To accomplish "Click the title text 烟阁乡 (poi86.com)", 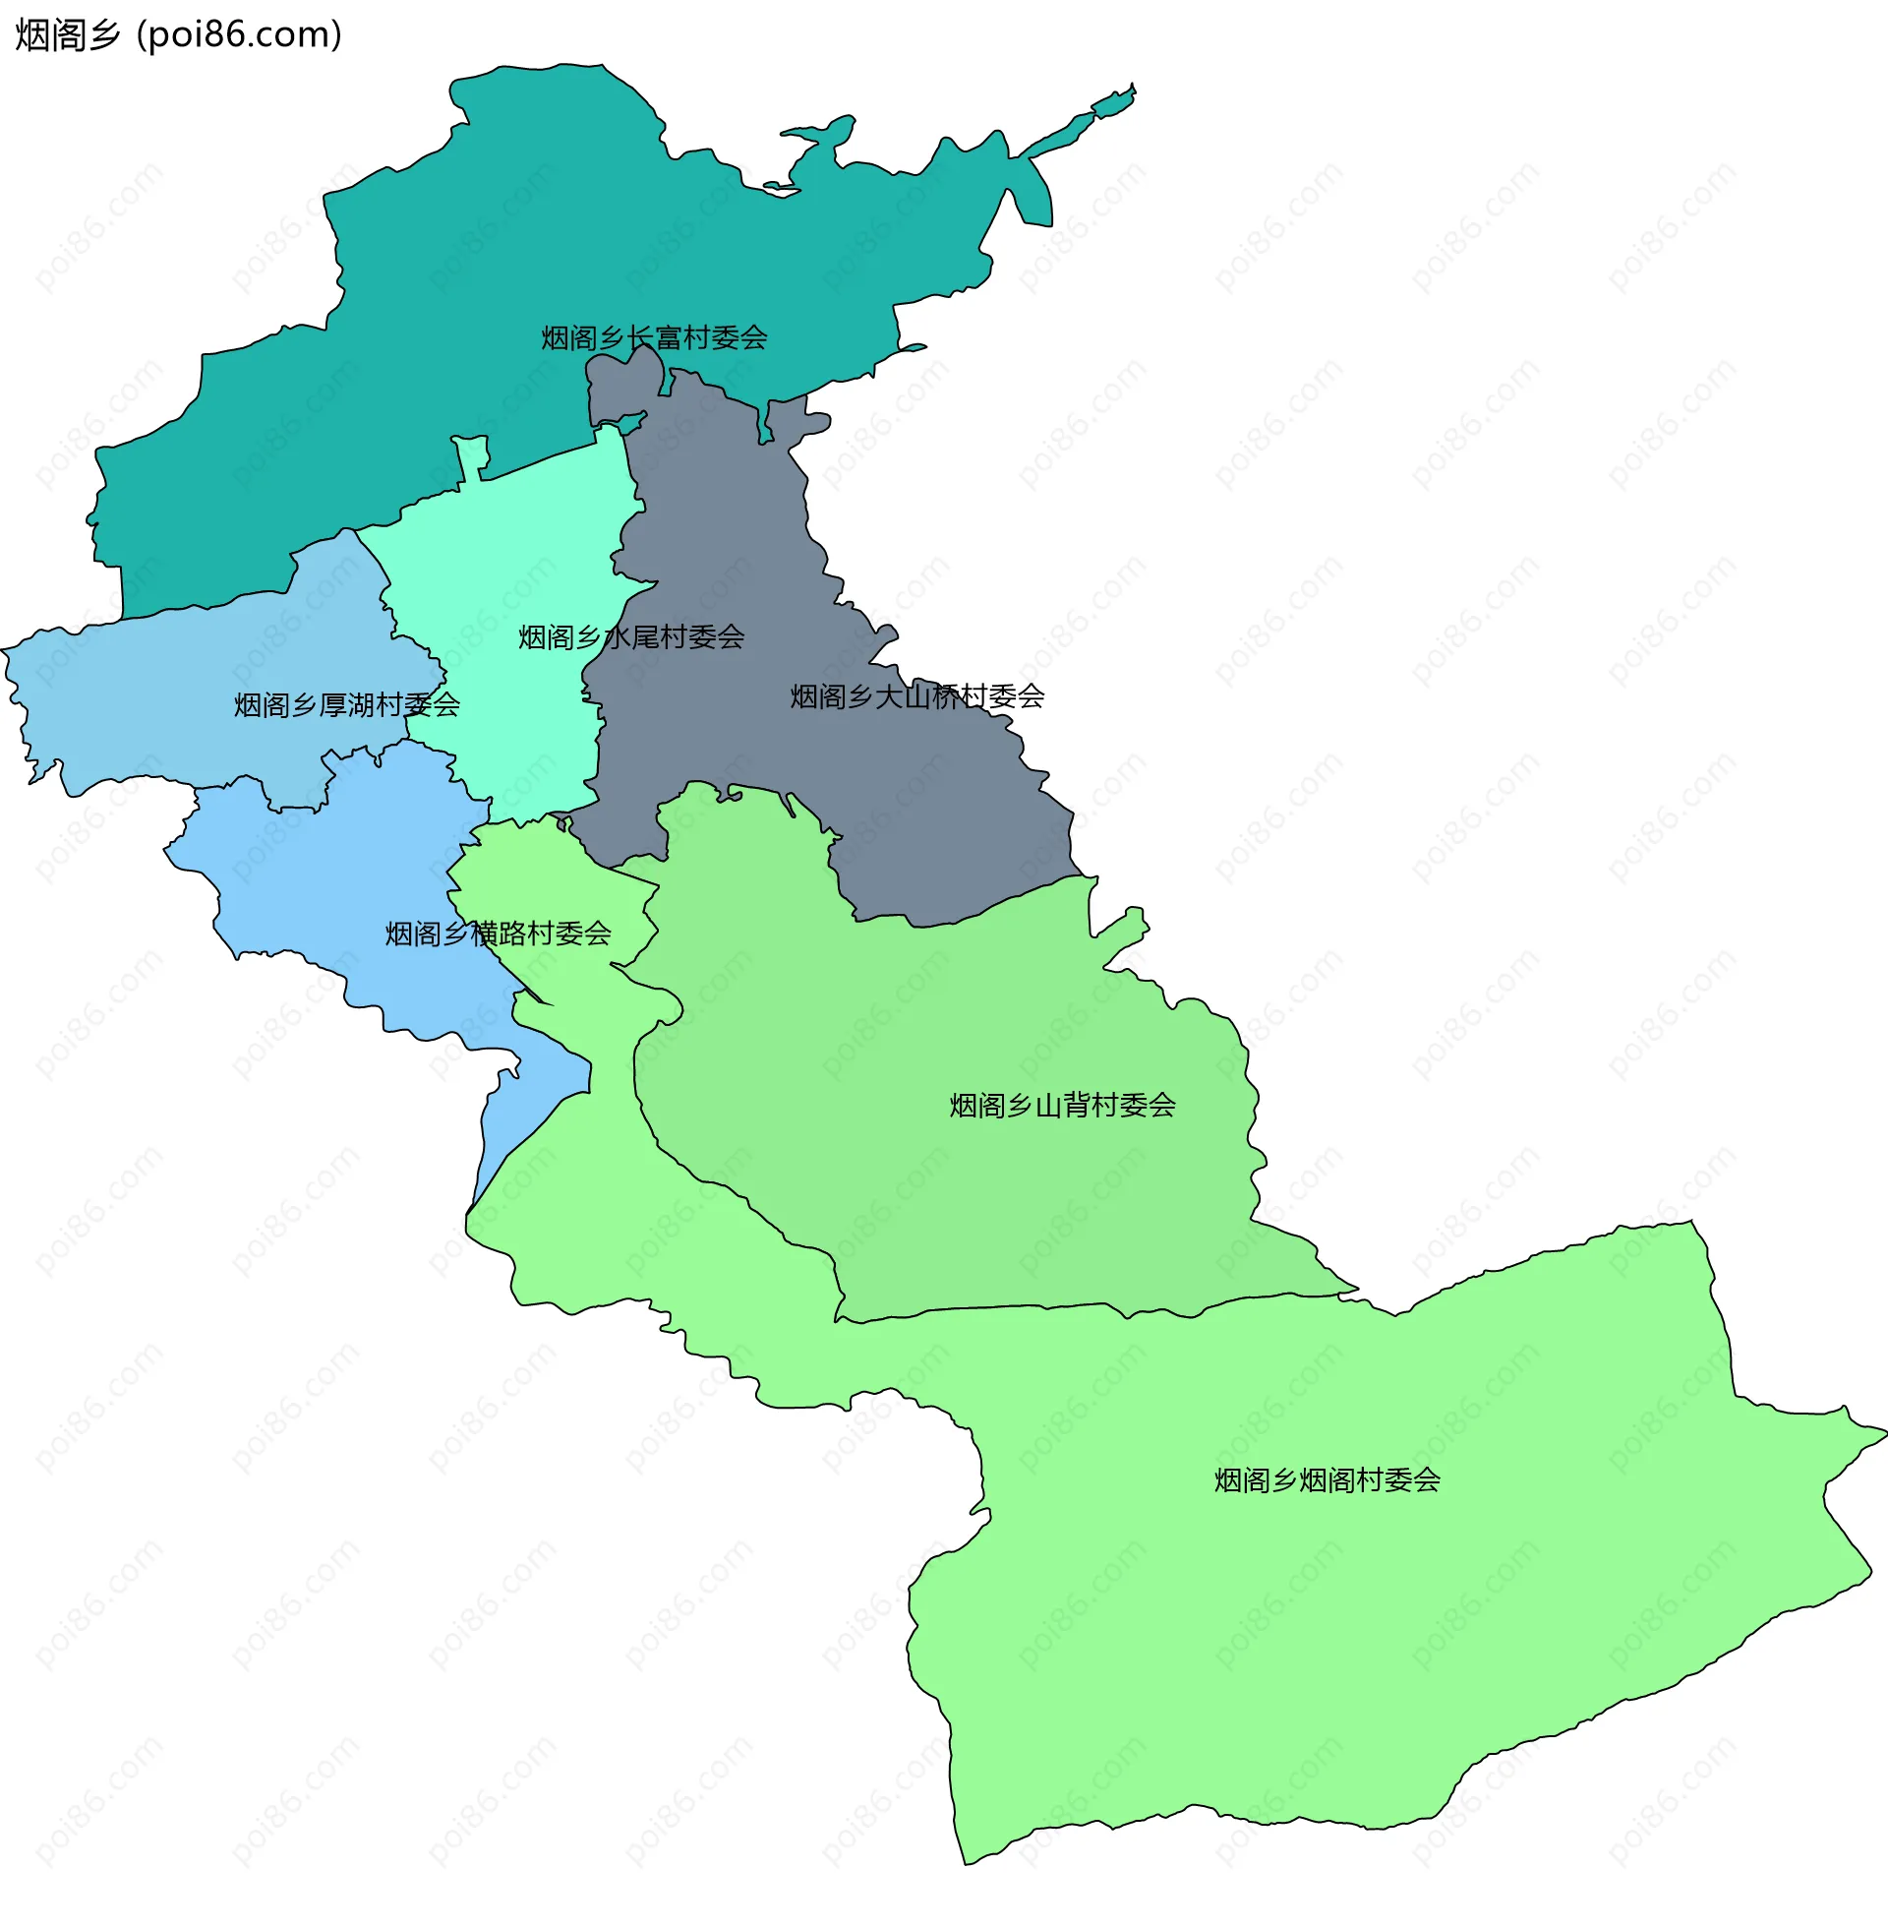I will [179, 34].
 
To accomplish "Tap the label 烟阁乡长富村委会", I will [655, 338].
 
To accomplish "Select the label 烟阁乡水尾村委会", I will [630, 636].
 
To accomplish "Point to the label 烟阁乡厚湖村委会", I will [347, 705].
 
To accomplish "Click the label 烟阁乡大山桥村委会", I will [917, 696].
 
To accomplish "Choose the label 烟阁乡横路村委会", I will [498, 934].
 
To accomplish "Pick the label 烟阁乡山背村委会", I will [1062, 1105].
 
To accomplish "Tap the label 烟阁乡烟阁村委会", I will [1327, 1479].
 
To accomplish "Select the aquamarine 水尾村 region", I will [515, 556].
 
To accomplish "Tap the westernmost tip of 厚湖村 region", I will [5, 650].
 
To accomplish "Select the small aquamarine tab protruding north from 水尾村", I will [472, 454].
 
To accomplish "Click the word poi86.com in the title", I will [239, 34].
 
